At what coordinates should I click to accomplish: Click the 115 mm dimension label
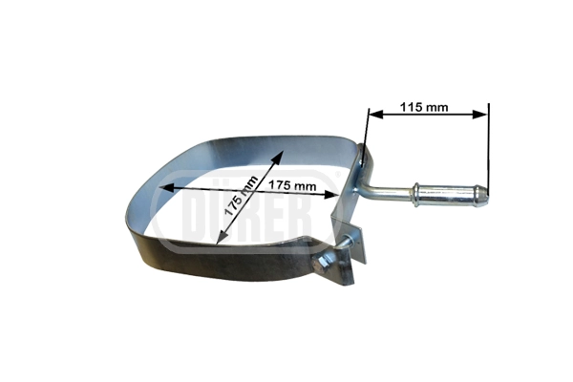tap(423, 107)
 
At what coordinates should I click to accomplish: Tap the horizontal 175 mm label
tap(292, 185)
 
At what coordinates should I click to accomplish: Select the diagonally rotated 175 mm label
tap(241, 197)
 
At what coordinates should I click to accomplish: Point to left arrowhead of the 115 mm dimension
tap(375, 115)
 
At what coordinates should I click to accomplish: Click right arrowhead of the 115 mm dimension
tap(479, 115)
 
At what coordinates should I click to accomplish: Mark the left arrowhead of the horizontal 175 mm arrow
tap(167, 187)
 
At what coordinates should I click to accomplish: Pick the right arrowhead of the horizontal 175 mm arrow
tap(330, 195)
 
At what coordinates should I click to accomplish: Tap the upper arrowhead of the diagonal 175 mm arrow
tap(279, 157)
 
